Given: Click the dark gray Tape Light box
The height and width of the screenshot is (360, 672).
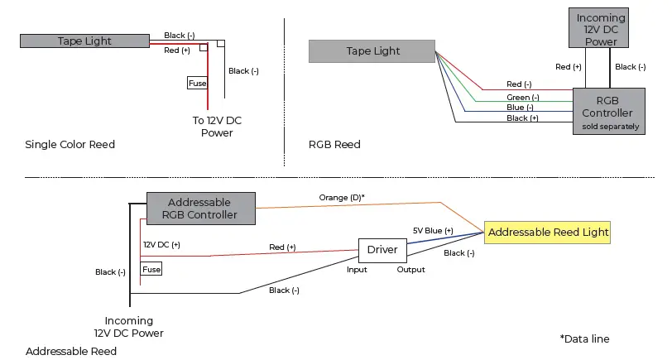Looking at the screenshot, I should tap(84, 41).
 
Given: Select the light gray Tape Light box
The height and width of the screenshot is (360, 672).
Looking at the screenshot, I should tap(372, 51).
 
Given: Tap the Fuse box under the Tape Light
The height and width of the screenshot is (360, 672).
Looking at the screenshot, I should tap(196, 83).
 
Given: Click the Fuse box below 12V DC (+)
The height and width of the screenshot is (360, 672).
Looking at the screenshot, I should tap(151, 270).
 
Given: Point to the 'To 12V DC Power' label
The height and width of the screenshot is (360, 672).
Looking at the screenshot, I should tap(217, 126).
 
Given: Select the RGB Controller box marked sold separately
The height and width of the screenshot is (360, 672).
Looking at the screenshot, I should tap(607, 112).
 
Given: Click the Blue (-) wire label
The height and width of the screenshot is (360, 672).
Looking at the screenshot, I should tap(520, 108).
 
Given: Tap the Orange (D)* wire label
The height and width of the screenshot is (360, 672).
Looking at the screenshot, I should tap(342, 198).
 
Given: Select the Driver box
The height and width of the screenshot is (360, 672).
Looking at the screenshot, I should tap(382, 250).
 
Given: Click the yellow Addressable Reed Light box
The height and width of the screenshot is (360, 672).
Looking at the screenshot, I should tap(548, 233).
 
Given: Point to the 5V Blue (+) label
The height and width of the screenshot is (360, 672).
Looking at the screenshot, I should tap(433, 230).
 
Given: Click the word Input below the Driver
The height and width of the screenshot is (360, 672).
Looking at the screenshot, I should tap(358, 270).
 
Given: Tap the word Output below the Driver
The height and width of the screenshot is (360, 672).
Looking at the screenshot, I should tap(410, 270).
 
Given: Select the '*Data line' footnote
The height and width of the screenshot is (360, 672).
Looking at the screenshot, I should tap(584, 339).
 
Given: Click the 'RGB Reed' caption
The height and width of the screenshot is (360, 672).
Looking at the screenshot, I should tap(334, 145).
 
